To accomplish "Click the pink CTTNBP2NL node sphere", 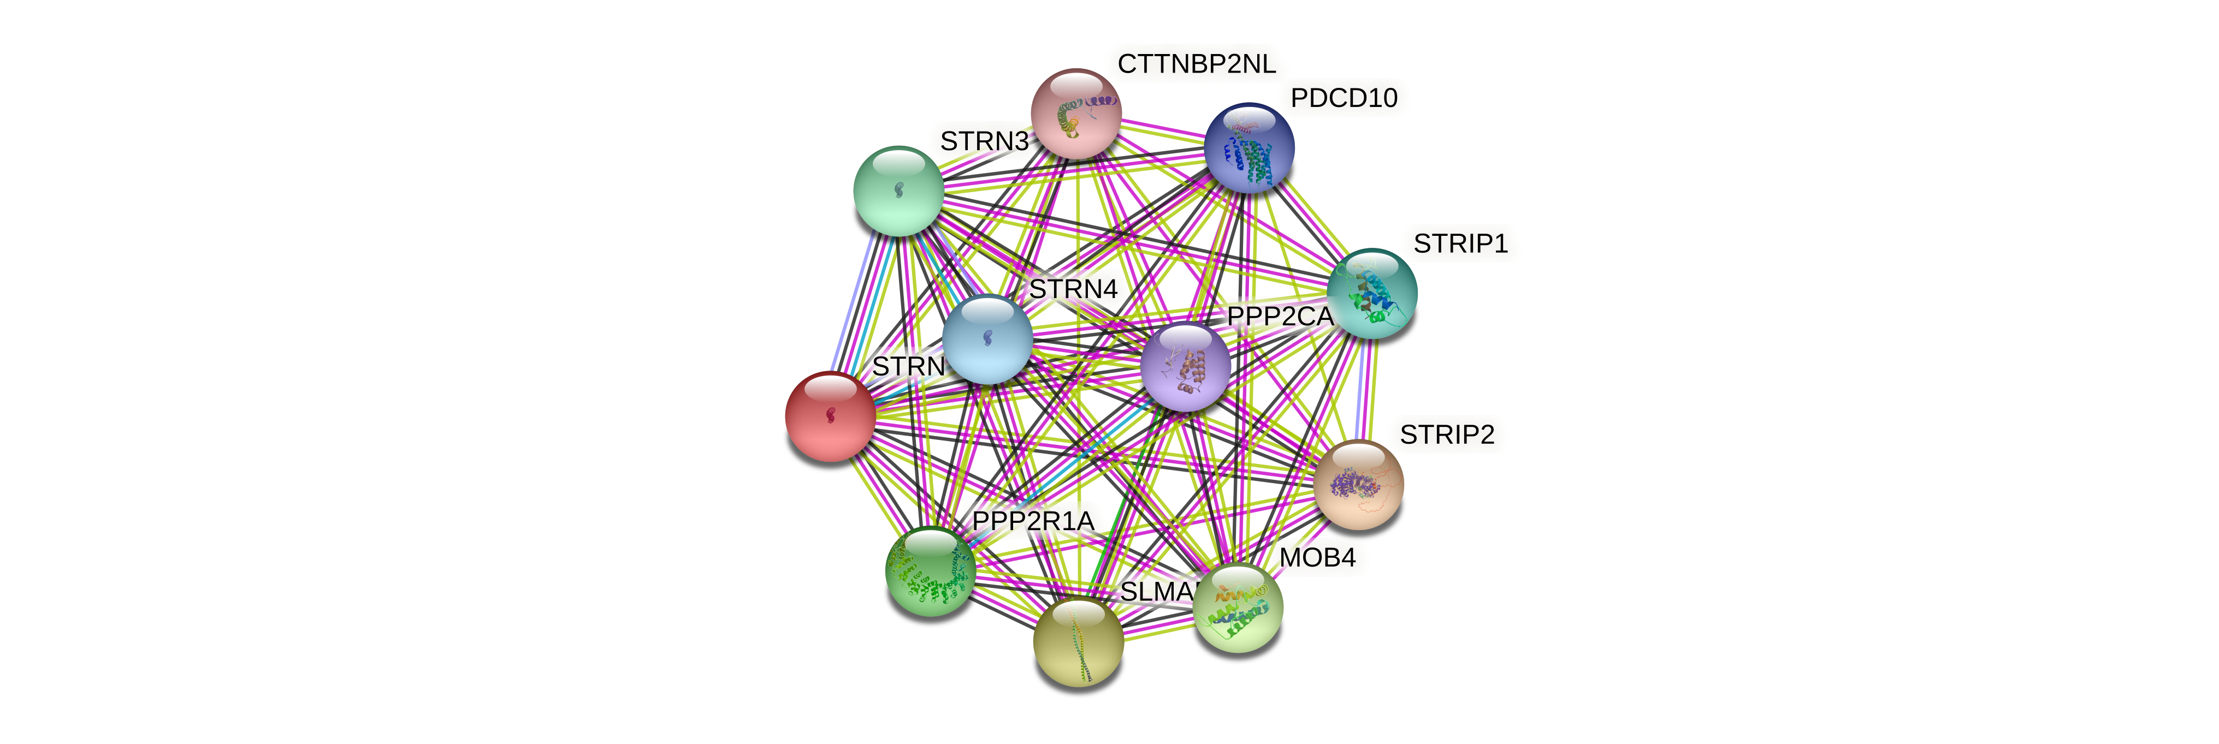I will pyautogui.click(x=1076, y=114).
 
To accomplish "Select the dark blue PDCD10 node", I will pyautogui.click(x=1249, y=147).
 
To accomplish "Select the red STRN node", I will pyautogui.click(x=830, y=416).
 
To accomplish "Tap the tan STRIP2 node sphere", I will pyautogui.click(x=1358, y=484).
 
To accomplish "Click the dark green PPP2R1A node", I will pyautogui.click(x=930, y=572).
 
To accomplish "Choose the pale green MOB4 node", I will pyautogui.click(x=1238, y=607).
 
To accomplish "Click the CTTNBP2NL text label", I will pyautogui.click(x=1197, y=64).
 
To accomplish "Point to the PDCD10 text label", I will pyautogui.click(x=1344, y=98).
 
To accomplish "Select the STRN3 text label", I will pyautogui.click(x=984, y=141).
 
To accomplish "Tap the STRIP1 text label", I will pyautogui.click(x=1460, y=243).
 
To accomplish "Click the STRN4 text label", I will pyautogui.click(x=1073, y=289).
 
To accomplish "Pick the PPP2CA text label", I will pyautogui.click(x=1279, y=317).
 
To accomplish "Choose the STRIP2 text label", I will pyautogui.click(x=1446, y=435).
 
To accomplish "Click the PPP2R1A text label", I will pyautogui.click(x=1033, y=521).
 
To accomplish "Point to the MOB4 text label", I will pyautogui.click(x=1317, y=558).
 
